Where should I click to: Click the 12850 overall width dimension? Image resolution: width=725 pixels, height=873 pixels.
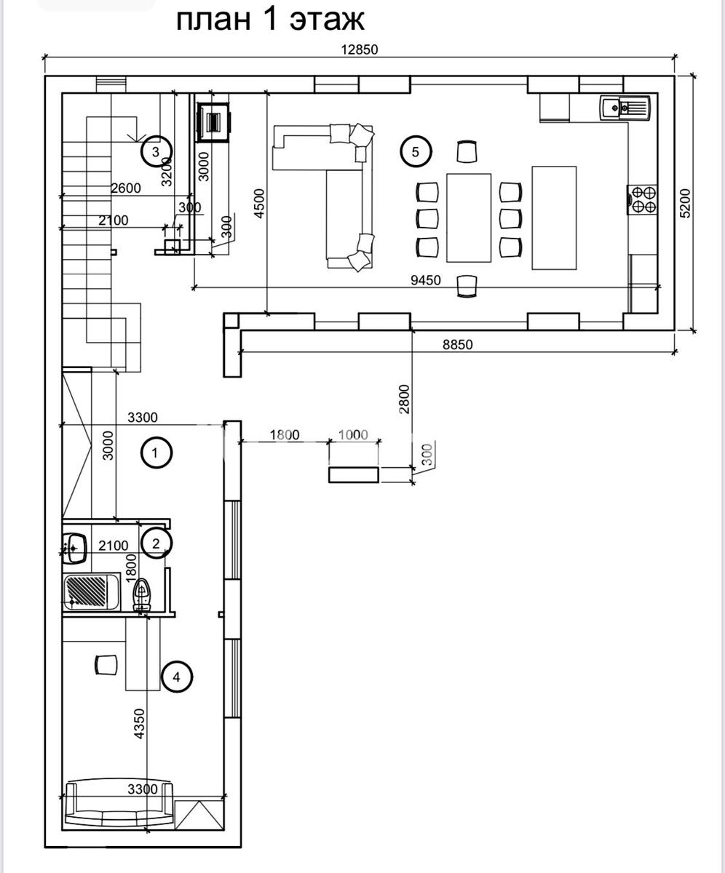pos(360,49)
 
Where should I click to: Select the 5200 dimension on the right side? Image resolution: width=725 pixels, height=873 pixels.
pos(685,204)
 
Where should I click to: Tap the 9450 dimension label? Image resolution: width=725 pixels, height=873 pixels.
pos(425,279)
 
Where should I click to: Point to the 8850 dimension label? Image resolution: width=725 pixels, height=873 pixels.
pos(457,345)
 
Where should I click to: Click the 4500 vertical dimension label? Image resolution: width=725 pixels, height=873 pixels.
pos(259,204)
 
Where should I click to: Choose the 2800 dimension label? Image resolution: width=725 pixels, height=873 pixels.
pos(404,399)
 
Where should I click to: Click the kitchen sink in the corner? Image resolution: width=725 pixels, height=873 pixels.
pos(625,108)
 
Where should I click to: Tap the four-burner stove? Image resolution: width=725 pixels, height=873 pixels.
pos(642,200)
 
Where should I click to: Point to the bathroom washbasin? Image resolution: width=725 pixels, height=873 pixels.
pos(74,548)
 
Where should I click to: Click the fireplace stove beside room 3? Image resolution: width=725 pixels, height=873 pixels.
pos(213,122)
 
